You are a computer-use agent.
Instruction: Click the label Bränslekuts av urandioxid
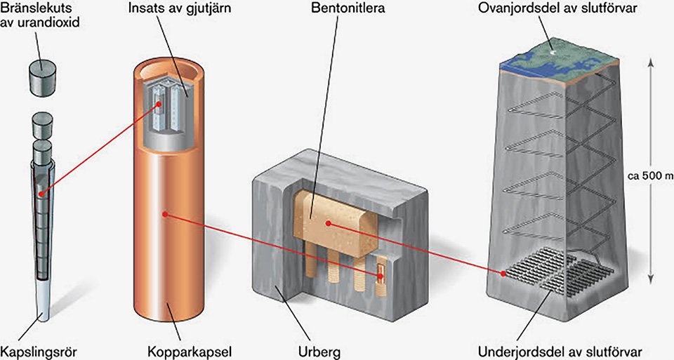pos(40,15)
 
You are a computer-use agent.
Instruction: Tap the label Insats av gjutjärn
pos(180,8)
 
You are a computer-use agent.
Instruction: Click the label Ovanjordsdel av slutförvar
pos(557,8)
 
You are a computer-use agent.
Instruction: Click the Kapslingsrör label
pos(39,352)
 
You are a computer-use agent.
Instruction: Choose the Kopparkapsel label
pos(190,352)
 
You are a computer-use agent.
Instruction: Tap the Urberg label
pos(319,352)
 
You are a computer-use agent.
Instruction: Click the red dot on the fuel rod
pos(41,194)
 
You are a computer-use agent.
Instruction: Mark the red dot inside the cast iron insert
pos(159,104)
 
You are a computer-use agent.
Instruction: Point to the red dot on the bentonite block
pos(329,223)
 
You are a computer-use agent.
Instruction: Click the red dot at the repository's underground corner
pos(503,273)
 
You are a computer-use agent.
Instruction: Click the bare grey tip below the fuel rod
pos(42,302)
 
